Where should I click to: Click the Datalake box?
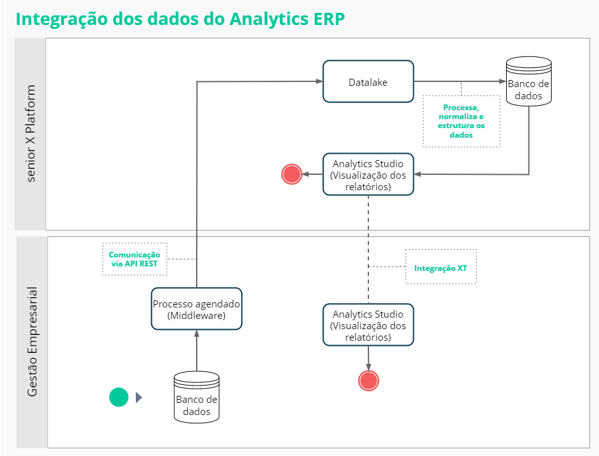[x=368, y=81]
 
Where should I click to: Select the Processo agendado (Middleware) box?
[x=196, y=309]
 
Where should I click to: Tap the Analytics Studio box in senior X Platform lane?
[x=368, y=175]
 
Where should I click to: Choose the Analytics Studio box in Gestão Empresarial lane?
[x=368, y=325]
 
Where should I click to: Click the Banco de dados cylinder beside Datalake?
[x=529, y=81]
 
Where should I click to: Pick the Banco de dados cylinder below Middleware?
[x=196, y=398]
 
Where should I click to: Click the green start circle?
[x=119, y=397]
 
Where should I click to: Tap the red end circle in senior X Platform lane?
[x=292, y=174]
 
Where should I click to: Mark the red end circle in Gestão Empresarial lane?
[x=368, y=381]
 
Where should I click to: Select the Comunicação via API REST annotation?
[x=135, y=259]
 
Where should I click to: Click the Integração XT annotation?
[x=441, y=267]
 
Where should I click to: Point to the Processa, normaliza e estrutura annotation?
[x=461, y=121]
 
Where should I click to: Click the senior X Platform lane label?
[x=31, y=134]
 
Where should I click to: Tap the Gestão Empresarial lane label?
[x=32, y=342]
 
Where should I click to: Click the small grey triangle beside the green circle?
[x=139, y=398]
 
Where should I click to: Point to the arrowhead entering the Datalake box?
[x=320, y=81]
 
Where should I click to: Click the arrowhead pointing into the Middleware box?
[x=197, y=334]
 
